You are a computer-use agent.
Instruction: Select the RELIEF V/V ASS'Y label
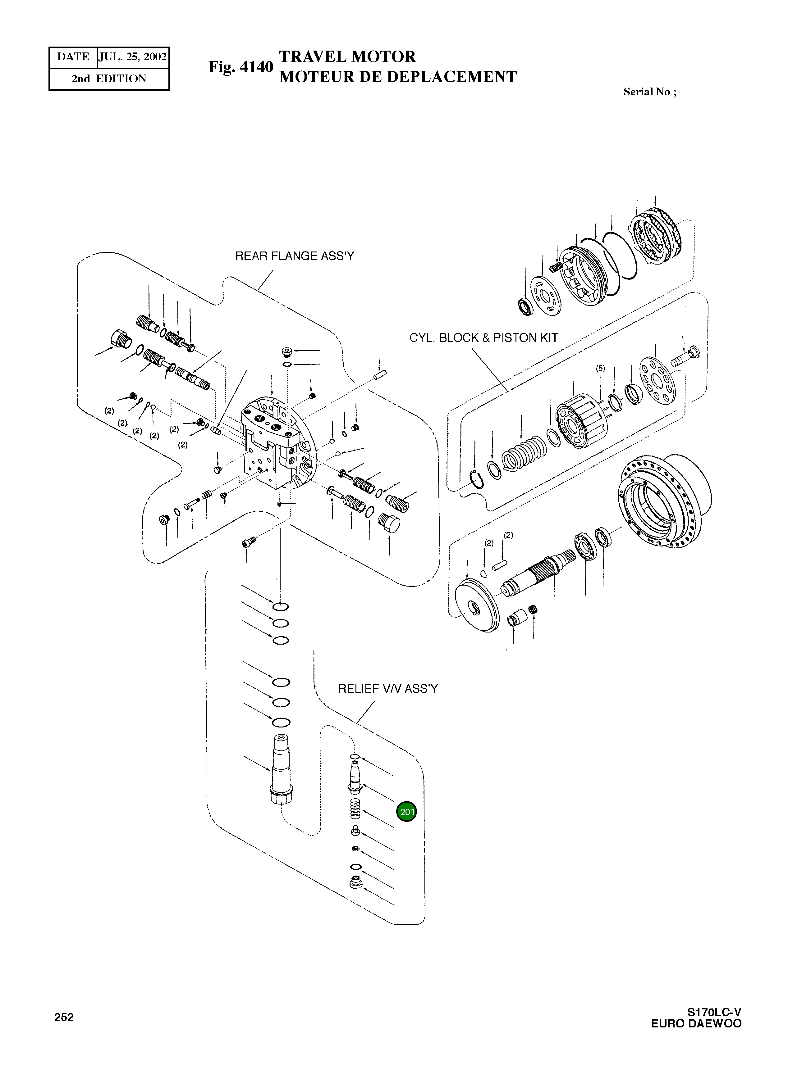click(387, 689)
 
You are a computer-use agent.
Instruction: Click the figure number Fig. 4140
click(241, 67)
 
